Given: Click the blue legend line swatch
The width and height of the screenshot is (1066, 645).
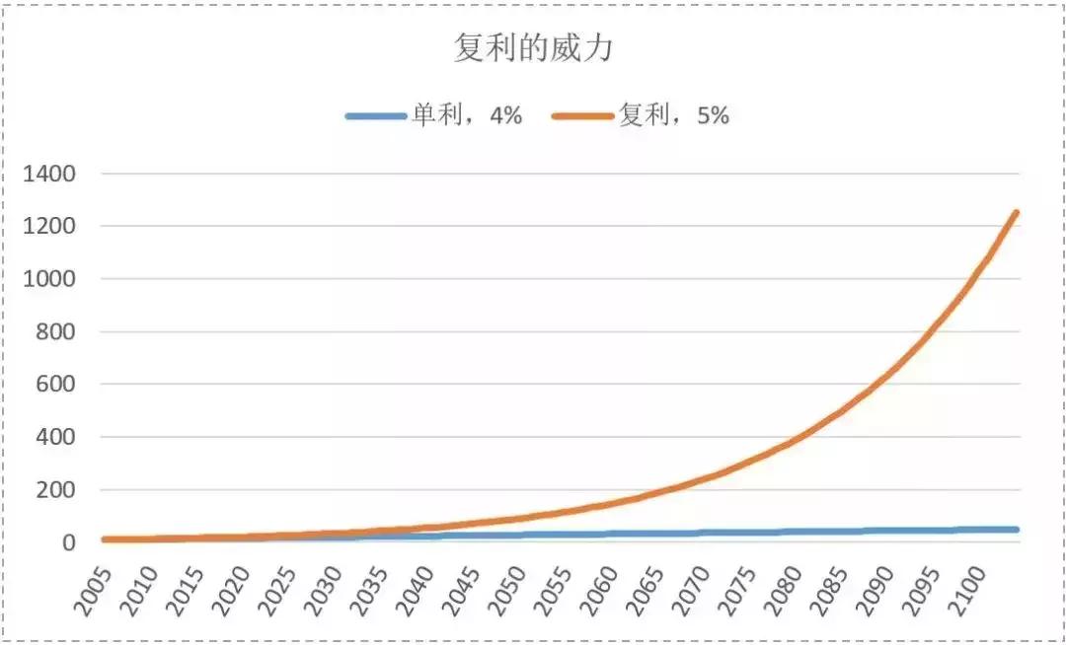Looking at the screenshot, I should coord(376,115).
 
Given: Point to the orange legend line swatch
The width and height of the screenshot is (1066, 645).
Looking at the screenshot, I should coord(583,115).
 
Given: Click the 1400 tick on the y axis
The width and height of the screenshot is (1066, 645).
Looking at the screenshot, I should coord(52,175).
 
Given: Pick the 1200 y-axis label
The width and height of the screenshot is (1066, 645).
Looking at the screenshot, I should coord(52,227).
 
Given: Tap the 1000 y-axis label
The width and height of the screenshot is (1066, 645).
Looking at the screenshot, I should coord(52,279).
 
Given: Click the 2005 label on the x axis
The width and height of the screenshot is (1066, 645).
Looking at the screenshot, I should coord(98,584).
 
